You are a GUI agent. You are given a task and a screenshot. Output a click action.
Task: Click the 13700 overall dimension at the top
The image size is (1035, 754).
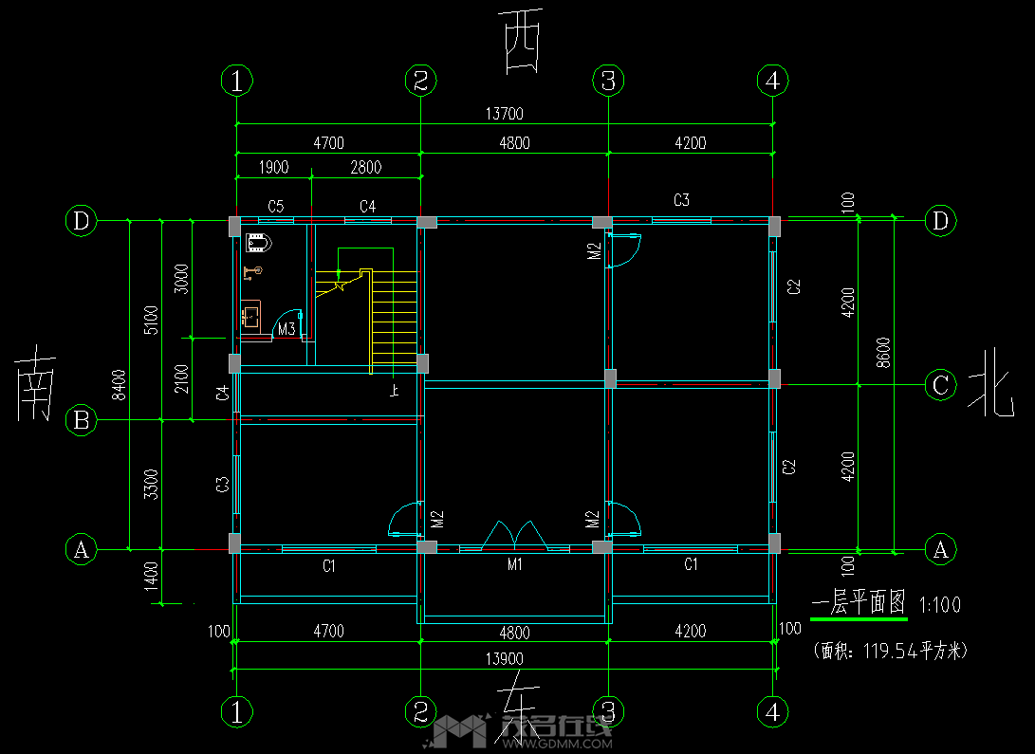504,114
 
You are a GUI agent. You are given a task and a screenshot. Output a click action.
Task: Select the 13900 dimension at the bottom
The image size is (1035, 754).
504,658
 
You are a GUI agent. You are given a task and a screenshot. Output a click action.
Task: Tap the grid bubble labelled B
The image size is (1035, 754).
82,419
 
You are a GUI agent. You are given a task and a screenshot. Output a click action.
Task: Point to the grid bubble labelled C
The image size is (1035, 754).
940,385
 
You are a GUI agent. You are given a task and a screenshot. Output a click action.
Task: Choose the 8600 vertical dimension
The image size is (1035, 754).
883,352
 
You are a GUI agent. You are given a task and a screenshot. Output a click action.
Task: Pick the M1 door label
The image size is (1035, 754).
515,565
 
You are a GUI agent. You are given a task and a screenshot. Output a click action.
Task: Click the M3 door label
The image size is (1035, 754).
286,329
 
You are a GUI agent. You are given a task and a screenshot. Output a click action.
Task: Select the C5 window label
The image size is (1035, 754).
276,206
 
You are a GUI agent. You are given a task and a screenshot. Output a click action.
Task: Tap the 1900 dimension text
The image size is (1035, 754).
273,168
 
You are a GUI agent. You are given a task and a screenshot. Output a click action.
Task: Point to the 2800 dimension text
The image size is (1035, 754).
365,168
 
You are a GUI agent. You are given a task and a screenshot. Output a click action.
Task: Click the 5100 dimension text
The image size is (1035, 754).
150,320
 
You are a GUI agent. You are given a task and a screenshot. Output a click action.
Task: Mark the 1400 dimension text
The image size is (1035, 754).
150,576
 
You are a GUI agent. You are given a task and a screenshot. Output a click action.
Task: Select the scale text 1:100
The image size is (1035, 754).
940,604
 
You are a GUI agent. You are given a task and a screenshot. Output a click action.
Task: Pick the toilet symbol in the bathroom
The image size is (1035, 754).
259,243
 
